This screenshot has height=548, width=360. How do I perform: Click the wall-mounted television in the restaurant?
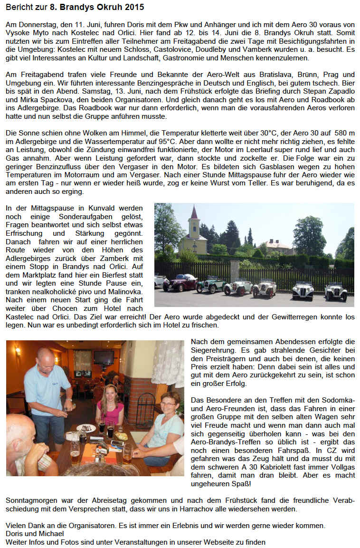[104, 357]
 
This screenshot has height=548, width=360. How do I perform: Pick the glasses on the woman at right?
[169, 404]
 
